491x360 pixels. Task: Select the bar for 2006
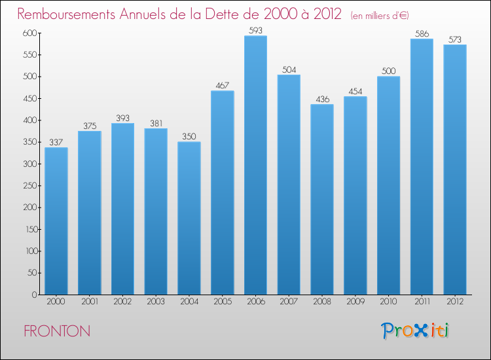255,165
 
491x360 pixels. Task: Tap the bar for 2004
189,218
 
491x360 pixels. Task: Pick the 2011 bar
422,167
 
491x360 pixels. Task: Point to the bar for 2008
322,200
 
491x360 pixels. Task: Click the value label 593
255,30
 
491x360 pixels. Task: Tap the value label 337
56,142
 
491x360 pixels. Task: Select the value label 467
222,85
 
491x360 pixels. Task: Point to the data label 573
455,39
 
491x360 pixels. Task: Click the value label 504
289,69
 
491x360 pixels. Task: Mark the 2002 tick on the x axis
122,301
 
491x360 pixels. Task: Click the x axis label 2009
355,301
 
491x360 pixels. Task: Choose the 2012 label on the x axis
455,301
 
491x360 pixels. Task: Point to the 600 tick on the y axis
29,33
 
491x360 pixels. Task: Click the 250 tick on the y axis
29,186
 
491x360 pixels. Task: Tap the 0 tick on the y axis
34,295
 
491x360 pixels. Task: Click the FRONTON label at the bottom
57,331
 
